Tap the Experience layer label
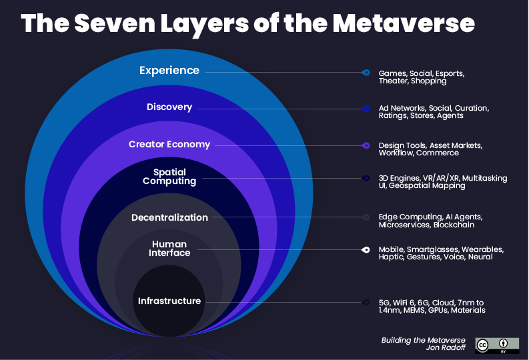coord(169,70)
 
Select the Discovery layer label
coord(169,107)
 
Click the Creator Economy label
coord(169,144)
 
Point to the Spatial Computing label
coord(169,177)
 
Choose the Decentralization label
coord(169,217)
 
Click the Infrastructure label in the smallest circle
coord(169,301)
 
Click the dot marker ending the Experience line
coord(366,72)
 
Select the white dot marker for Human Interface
coord(366,250)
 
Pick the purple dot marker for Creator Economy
coord(366,145)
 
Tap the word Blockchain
coord(454,225)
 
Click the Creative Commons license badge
coord(497,345)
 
